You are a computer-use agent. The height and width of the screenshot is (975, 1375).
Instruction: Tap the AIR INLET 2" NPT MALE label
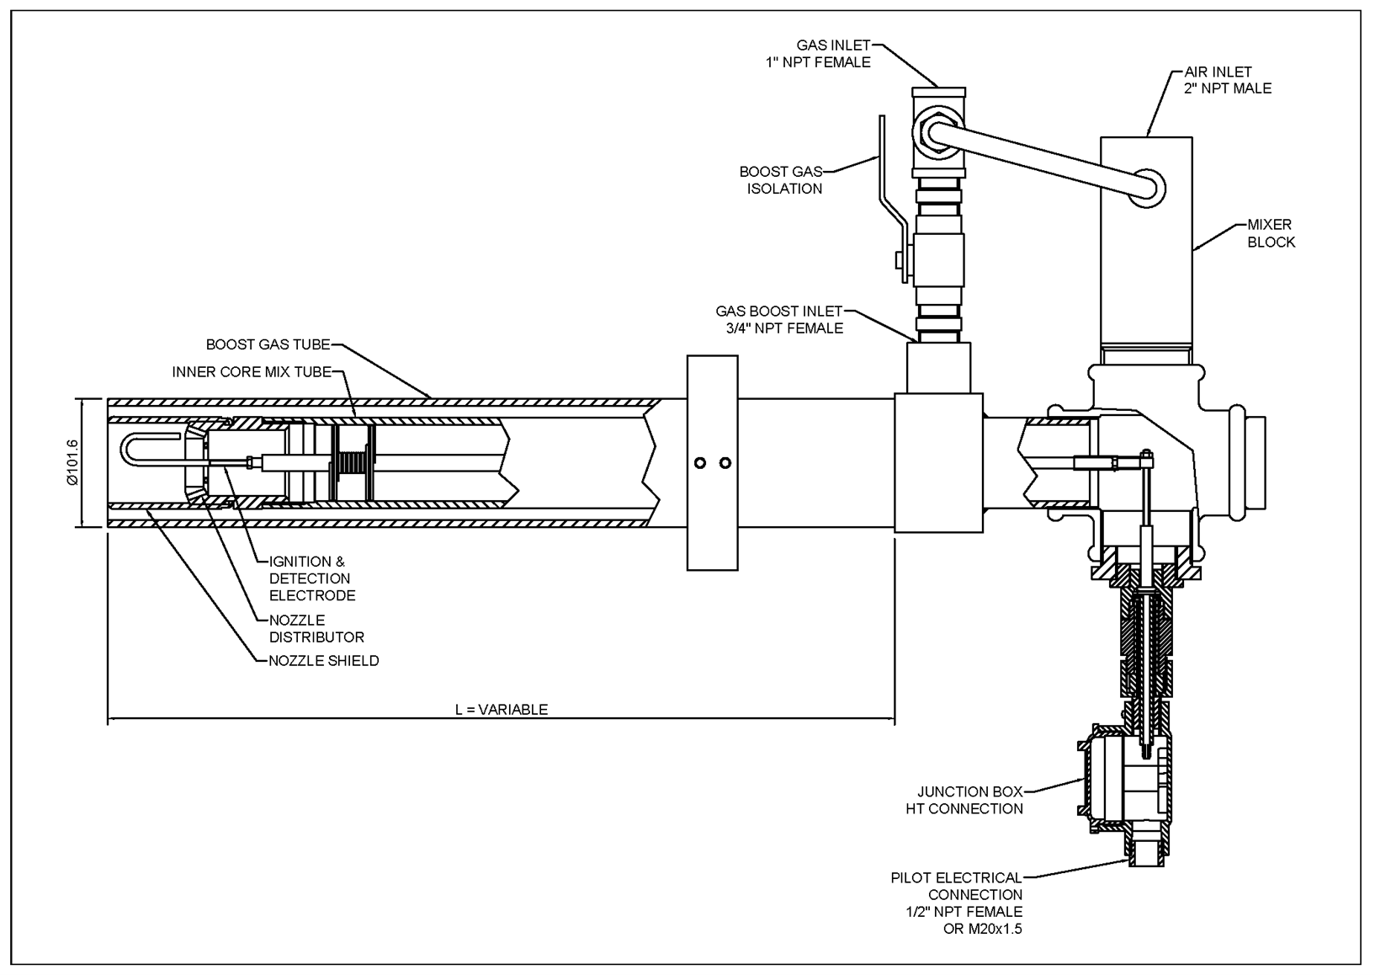(x=1227, y=80)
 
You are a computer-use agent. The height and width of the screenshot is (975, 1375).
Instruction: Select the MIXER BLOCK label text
(x=1271, y=233)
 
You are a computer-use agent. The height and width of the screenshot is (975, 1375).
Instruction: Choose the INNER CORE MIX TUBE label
(x=252, y=371)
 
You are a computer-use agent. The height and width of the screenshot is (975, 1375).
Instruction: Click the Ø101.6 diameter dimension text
(x=72, y=463)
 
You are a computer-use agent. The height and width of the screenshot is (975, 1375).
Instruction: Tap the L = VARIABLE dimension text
(x=501, y=709)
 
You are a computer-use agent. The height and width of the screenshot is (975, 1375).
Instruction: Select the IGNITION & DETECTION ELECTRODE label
(x=311, y=578)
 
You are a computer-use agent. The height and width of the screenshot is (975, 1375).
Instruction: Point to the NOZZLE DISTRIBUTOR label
(x=316, y=629)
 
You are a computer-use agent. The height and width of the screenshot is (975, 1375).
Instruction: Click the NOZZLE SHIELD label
(x=323, y=661)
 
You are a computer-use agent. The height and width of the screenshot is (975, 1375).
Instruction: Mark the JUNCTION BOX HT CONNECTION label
(x=964, y=800)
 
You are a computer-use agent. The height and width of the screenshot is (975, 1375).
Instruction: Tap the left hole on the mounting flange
(x=698, y=463)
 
